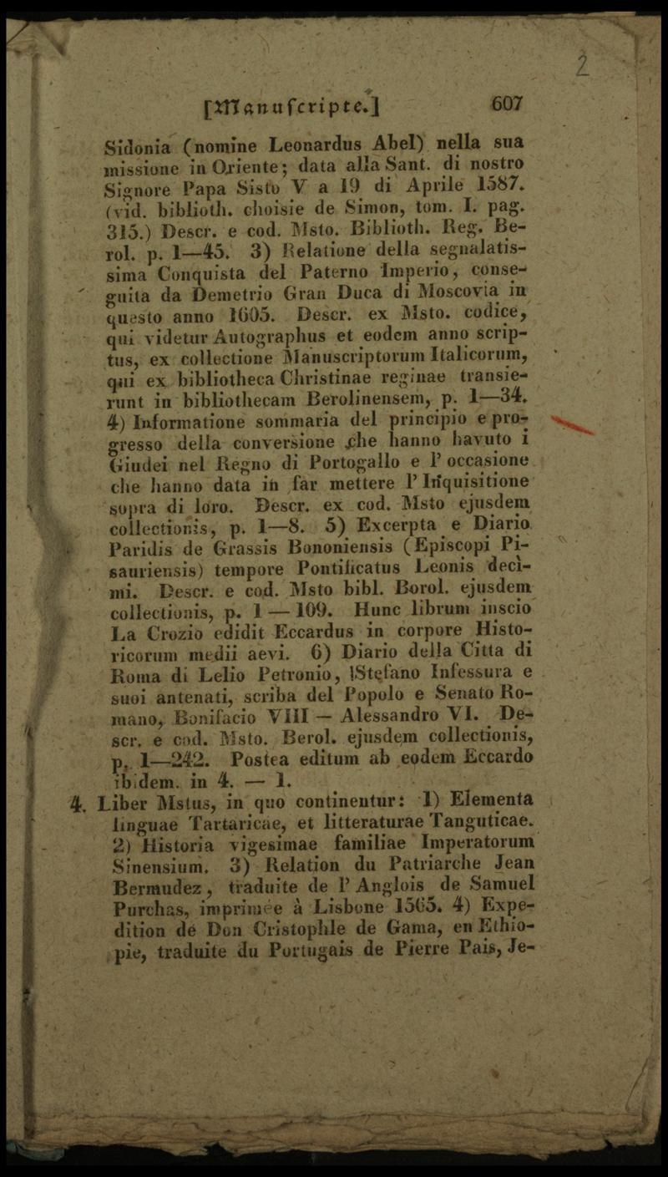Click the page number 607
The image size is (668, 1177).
(x=507, y=104)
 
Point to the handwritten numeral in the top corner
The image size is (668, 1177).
(x=582, y=64)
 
